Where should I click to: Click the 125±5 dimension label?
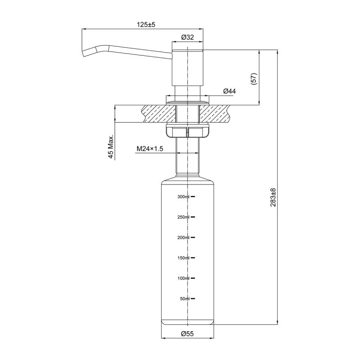(146, 25)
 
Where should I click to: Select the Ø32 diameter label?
(187, 37)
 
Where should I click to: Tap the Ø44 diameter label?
(229, 91)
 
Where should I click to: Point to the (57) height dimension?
(254, 79)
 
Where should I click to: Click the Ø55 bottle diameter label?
(187, 333)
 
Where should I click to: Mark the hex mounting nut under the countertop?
(187, 132)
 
